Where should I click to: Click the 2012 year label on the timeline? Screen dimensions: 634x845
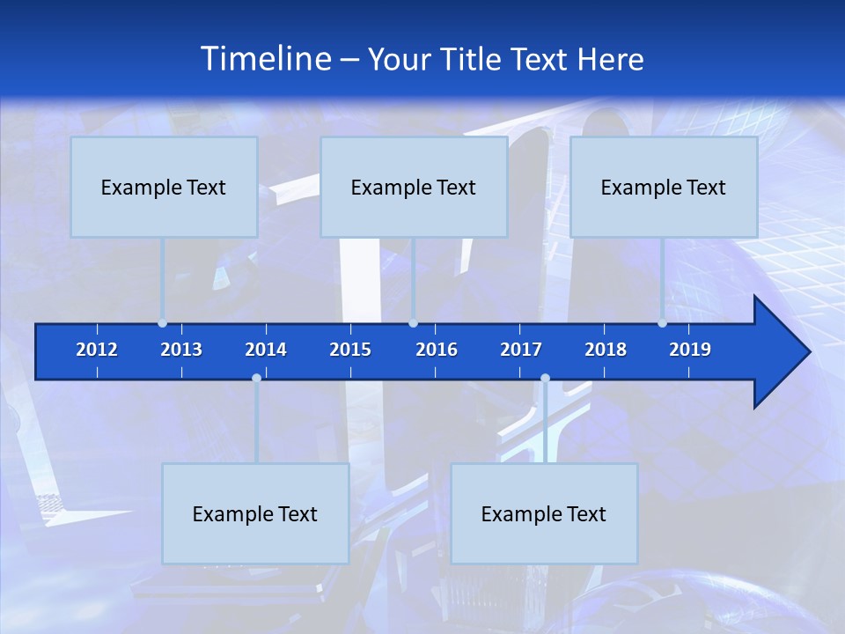pos(97,350)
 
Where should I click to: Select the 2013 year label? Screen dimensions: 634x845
pos(181,350)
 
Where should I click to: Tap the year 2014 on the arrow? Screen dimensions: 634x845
pos(266,350)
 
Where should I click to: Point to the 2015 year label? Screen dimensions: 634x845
pos(350,350)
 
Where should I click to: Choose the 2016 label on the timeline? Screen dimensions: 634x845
pos(437,350)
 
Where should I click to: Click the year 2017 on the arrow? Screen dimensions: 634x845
pos(521,350)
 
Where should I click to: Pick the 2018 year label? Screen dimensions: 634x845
pos(606,350)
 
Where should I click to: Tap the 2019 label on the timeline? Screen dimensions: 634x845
pos(690,350)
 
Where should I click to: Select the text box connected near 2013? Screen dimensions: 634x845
pos(164,187)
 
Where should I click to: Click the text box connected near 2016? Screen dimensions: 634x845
pos(414,187)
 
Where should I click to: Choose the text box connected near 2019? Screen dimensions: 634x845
pos(664,187)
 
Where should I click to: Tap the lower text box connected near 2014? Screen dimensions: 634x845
pos(255,513)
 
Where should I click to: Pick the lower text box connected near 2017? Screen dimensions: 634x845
pos(544,513)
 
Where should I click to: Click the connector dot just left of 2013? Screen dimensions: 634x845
pos(163,323)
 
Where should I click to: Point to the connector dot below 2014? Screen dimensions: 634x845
pos(256,378)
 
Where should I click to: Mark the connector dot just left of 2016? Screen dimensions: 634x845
pos(413,323)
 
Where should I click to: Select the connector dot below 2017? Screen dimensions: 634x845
pos(545,378)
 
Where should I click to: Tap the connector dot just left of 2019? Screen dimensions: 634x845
pos(662,323)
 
